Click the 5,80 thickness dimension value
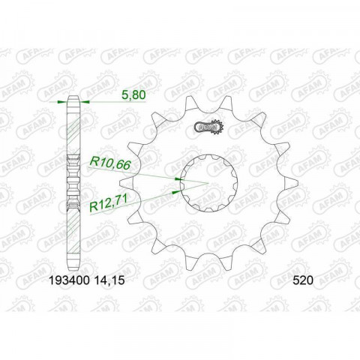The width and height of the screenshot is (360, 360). (134, 95)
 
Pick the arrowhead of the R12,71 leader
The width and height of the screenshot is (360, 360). (175, 191)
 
